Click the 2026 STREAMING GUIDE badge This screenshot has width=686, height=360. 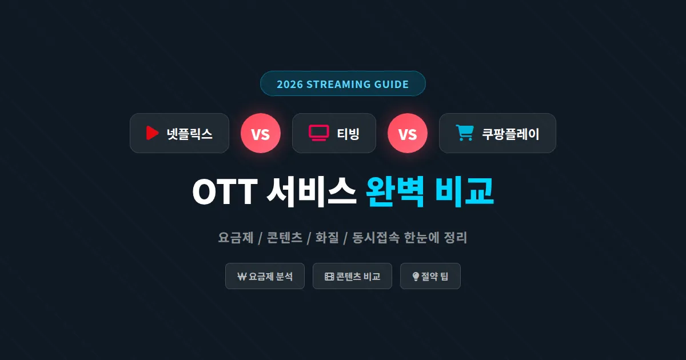(x=342, y=84)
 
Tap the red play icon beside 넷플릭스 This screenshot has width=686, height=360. (x=151, y=133)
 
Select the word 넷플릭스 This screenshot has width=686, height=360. (x=189, y=134)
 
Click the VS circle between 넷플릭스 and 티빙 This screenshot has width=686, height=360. (x=260, y=134)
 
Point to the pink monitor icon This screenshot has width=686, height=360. (x=318, y=133)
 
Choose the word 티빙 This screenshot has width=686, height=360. (x=348, y=134)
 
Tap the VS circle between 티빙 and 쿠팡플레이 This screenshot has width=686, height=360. (x=407, y=134)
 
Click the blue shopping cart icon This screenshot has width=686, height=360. (x=464, y=133)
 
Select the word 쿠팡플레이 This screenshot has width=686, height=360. (x=510, y=134)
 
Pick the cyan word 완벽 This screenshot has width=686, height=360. (x=395, y=192)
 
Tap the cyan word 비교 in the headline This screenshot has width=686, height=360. (x=464, y=192)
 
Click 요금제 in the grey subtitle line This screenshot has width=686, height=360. (x=236, y=238)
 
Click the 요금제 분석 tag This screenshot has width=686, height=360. (x=265, y=277)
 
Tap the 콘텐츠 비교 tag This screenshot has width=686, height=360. (x=352, y=277)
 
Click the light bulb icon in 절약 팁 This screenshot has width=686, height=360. (x=416, y=277)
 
